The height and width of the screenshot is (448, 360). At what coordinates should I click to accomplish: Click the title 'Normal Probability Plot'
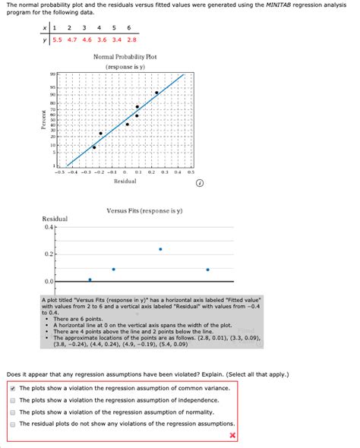point(125,58)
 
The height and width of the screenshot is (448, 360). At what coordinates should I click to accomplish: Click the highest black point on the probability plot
point(156,93)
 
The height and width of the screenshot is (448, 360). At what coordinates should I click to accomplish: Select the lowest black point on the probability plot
point(94,147)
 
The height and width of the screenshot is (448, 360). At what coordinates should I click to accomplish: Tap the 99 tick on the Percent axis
point(52,75)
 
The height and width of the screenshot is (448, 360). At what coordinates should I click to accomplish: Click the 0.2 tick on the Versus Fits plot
point(49,254)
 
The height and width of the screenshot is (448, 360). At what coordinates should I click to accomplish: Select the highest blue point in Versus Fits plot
point(160,249)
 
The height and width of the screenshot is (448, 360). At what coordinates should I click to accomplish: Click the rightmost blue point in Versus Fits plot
point(207,270)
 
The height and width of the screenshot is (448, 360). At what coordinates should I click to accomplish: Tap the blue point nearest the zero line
point(90,280)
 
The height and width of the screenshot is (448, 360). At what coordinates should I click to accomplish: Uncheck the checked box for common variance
point(13,387)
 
